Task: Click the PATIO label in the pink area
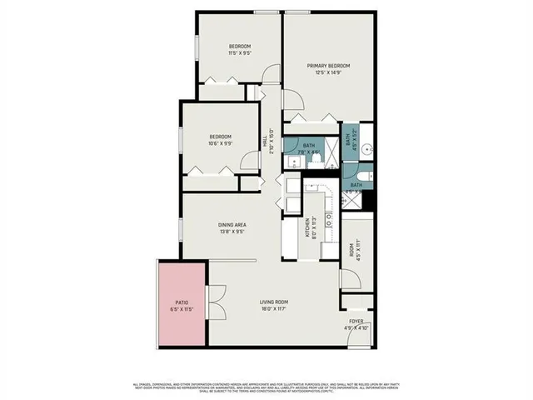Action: [182, 302]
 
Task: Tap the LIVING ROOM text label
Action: [273, 302]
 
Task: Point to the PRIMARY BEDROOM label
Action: [327, 66]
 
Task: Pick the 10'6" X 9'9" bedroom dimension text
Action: [220, 143]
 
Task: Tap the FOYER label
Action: [356, 320]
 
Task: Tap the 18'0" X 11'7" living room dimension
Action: [273, 310]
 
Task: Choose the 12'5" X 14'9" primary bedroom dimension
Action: [327, 73]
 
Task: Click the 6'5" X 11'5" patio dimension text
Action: [182, 310]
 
